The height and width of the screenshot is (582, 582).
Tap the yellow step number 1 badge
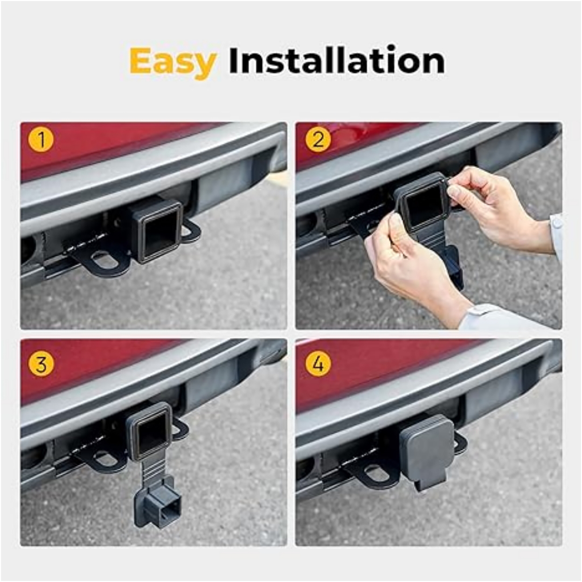[x=41, y=140]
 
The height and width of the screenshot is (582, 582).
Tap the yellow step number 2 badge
[x=318, y=140]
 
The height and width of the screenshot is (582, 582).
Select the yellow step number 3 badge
[x=41, y=364]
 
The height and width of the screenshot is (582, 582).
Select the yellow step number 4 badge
[x=318, y=364]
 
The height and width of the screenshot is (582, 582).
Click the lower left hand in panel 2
[x=407, y=262]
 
